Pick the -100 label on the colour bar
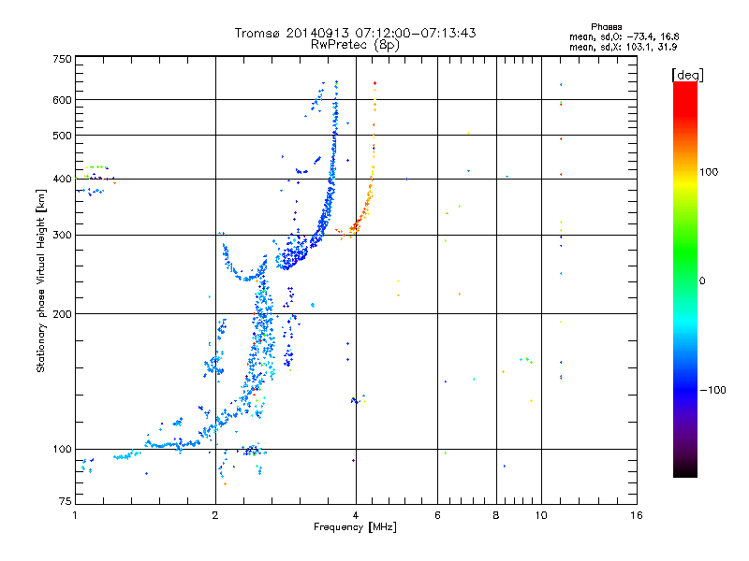pos(713,390)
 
